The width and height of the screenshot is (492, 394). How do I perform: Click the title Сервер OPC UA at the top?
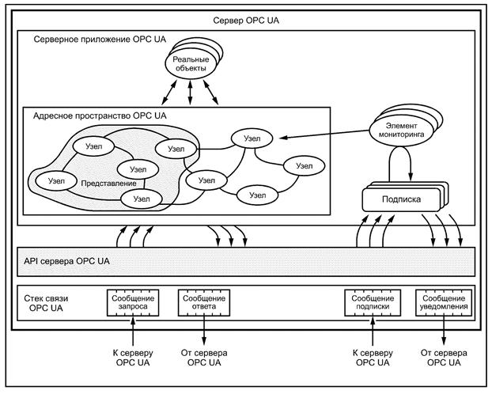246,18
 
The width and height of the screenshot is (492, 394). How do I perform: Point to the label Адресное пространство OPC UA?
100,116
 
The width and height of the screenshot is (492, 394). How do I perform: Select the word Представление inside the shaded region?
97,183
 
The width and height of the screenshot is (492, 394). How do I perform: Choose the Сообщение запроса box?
134,301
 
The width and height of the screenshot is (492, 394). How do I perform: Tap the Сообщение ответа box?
205,301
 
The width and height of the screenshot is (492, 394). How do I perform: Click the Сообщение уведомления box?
443,301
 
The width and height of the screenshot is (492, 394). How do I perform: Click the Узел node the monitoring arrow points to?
252,138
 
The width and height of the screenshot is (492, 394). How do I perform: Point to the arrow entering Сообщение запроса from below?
134,329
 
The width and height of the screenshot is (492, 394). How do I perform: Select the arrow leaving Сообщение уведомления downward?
443,329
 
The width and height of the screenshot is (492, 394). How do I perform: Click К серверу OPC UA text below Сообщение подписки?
372,357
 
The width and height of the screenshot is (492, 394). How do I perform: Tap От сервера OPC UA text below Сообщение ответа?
205,357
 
